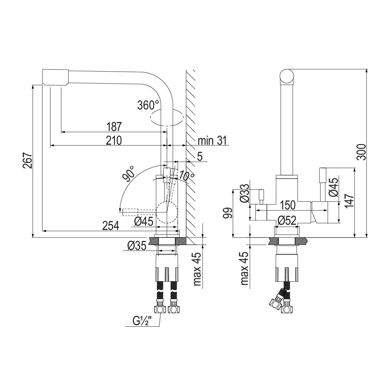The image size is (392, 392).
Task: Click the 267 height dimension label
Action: [x=27, y=161]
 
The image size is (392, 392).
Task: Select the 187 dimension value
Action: [x=114, y=126]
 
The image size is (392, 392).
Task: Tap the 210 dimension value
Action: [x=114, y=140]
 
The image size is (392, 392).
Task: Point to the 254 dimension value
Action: [x=111, y=226]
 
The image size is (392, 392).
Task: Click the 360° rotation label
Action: [x=148, y=105]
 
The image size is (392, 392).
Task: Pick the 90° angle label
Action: [x=129, y=173]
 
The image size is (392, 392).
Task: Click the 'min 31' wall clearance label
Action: [x=212, y=140]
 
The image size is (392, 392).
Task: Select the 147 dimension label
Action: [x=350, y=200]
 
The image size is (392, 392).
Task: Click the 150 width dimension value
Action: [x=287, y=205]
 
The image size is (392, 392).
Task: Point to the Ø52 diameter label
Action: [x=287, y=220]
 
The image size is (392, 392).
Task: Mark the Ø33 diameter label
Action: [x=244, y=193]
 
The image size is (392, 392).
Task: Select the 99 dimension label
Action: [x=227, y=213]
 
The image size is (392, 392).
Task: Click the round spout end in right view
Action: [x=287, y=76]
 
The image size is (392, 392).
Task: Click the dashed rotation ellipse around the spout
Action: [x=167, y=117]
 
